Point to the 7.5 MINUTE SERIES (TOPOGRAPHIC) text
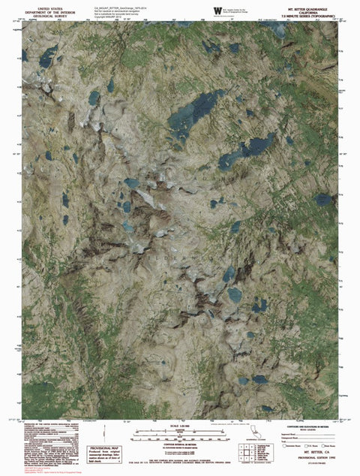[x=304, y=14]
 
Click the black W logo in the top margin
[x=217, y=9]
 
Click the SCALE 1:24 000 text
[x=181, y=428]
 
